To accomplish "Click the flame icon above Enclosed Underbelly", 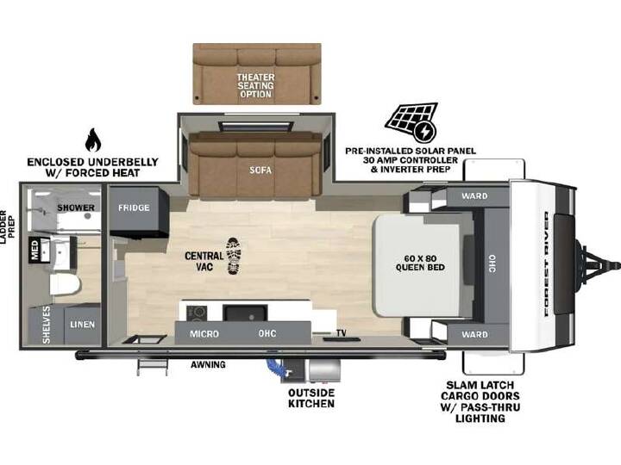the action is pos(93,139).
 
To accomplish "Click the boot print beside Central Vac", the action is pos(233,256).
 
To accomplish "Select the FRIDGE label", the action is pos(134,208).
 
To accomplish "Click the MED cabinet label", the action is pos(34,251).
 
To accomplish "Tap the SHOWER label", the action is pos(76,208).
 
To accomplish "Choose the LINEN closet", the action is pos(83,325).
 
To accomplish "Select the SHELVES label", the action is pos(47,325).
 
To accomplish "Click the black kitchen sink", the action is pos(245,313).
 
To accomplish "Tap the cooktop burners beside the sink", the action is pos(197,313).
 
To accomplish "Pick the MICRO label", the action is pos(204,334).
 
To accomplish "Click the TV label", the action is pos(342,333).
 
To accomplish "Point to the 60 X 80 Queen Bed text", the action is pos(420,263).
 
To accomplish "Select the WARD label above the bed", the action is pos(474,195).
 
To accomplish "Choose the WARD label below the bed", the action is pos(474,334).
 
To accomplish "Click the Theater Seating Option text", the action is pos(256,86).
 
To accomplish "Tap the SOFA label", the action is pos(260,170).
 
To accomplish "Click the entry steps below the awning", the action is pos(152,367).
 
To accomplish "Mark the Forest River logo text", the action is pos(547,264).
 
